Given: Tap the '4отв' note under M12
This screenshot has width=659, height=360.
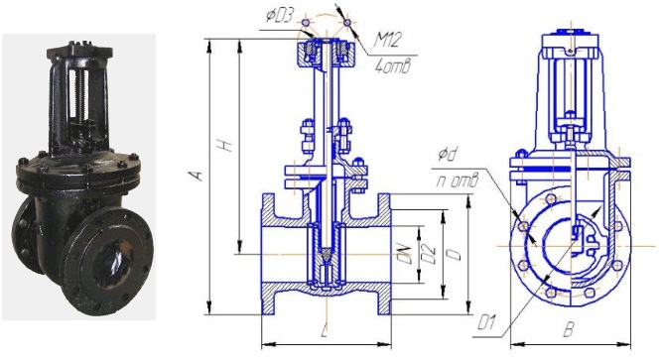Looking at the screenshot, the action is pyautogui.click(x=391, y=67).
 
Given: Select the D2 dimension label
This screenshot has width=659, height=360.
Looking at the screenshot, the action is pyautogui.click(x=429, y=254).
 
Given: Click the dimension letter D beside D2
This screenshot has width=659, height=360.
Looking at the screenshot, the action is pyautogui.click(x=456, y=254).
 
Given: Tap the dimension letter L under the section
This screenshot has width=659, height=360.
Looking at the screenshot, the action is pyautogui.click(x=324, y=331).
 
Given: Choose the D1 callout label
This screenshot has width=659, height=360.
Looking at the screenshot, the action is pyautogui.click(x=486, y=324).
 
